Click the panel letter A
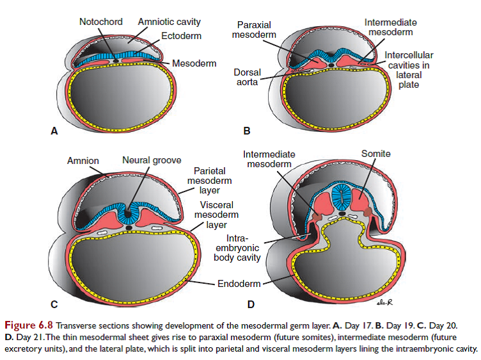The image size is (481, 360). pos(54,131)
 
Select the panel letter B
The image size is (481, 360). pos(247,131)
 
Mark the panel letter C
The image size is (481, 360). pos(54,304)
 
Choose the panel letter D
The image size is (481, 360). pos(251,304)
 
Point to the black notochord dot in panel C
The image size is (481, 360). pos(130,227)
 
